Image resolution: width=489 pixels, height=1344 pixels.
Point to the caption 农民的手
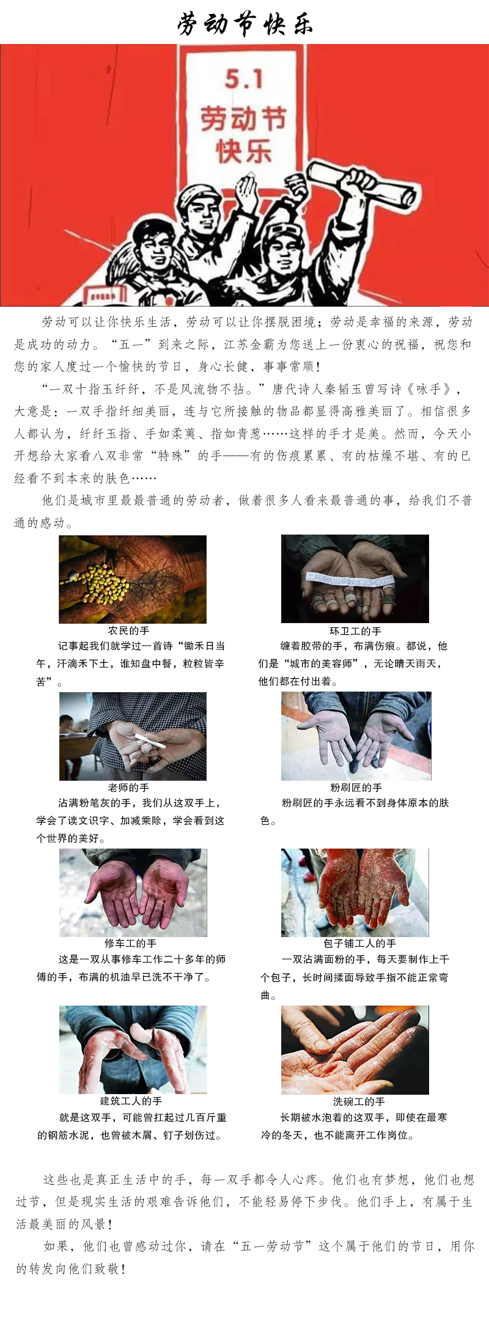(x=128, y=630)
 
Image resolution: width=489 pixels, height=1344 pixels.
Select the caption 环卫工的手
(x=355, y=630)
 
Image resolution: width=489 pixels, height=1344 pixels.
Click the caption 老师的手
(x=128, y=787)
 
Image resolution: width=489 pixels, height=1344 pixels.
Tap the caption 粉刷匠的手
(x=356, y=787)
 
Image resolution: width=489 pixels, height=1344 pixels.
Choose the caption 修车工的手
(x=130, y=943)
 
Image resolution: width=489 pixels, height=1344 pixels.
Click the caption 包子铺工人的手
(x=359, y=943)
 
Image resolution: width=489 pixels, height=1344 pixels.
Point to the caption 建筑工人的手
(x=131, y=1101)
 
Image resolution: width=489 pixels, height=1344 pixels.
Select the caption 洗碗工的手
(x=359, y=1101)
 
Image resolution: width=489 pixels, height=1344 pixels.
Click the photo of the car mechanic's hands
(x=133, y=893)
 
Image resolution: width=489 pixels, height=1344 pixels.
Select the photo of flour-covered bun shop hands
(x=355, y=893)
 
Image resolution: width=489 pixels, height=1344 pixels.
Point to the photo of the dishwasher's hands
(x=355, y=1050)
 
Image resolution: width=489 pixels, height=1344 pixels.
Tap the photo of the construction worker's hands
(x=133, y=1050)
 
